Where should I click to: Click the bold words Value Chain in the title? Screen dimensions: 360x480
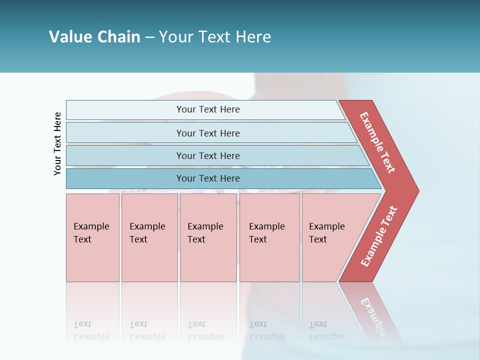coord(94,37)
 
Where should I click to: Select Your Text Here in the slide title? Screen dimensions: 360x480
coord(215,37)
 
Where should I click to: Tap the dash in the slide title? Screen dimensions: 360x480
coord(149,37)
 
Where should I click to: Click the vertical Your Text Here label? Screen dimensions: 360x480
coord(57,143)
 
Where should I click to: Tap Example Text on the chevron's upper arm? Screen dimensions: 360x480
coord(377,142)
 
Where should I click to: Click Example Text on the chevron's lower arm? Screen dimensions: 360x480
coord(378,236)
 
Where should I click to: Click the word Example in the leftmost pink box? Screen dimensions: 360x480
coord(91,226)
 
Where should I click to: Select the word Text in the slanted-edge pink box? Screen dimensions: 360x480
coord(318,239)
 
